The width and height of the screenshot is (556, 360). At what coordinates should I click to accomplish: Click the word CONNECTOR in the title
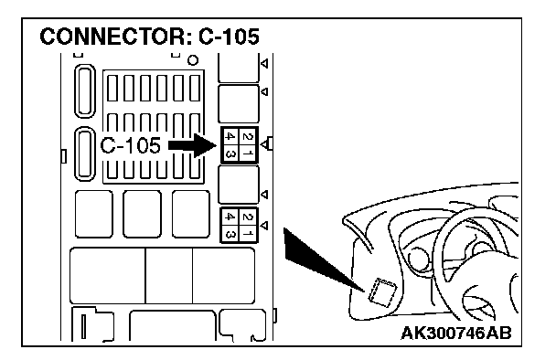[116, 37]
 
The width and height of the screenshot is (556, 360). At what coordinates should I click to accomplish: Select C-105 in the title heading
[229, 37]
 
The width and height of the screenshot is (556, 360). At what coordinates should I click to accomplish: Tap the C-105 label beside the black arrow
[130, 145]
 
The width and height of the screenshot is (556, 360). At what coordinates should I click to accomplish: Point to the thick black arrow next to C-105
[192, 145]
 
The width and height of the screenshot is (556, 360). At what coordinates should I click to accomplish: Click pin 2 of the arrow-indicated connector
[249, 136]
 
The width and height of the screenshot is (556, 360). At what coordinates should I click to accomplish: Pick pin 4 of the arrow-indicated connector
[230, 136]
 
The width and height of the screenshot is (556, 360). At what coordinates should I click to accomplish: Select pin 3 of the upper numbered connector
[230, 154]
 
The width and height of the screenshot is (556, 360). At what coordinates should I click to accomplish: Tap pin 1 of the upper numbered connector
[249, 154]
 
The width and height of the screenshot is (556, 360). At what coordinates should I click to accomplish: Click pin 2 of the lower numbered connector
[249, 217]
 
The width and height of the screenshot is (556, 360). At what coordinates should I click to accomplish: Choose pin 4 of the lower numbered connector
[230, 217]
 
